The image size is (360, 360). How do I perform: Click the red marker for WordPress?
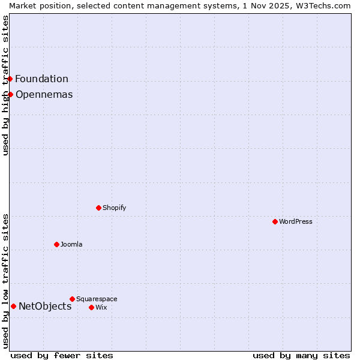click(275, 221)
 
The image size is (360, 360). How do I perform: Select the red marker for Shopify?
click(98, 208)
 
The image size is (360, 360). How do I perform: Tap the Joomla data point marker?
click(56, 244)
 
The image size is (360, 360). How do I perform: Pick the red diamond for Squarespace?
click(72, 299)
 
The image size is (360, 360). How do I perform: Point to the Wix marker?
click(91, 307)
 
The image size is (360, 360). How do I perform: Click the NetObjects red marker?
click(13, 306)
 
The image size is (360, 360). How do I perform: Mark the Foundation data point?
click(10, 79)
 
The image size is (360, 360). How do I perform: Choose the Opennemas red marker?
click(10, 94)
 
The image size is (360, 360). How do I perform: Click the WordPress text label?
click(296, 221)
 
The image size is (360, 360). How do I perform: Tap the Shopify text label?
click(114, 208)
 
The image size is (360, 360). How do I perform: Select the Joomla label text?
click(71, 244)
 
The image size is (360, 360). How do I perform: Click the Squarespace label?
click(97, 299)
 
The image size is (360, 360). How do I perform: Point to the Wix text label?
click(101, 307)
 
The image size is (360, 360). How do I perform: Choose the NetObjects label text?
click(45, 306)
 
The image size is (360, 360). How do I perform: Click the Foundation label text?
click(41, 79)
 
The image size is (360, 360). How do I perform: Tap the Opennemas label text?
click(44, 94)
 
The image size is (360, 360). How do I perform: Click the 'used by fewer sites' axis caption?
click(62, 355)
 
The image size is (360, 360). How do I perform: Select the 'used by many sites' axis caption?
click(301, 355)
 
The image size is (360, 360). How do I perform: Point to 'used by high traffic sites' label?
click(5, 85)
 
